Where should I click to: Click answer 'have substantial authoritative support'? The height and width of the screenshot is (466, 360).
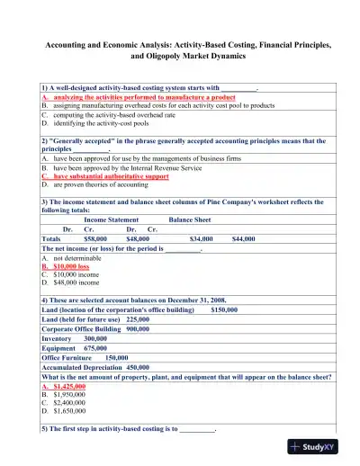(x=111, y=177)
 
